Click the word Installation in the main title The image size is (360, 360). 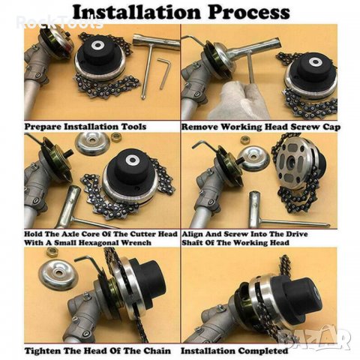tap(136, 11)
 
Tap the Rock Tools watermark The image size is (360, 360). tap(60, 22)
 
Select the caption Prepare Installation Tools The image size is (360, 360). tap(85, 127)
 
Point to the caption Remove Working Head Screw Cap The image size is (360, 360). tap(261, 127)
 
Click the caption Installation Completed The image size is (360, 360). tap(234, 351)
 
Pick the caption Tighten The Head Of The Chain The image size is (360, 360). tap(97, 351)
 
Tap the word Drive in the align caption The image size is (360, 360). tap(297, 234)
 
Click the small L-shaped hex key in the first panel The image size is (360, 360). tap(164, 73)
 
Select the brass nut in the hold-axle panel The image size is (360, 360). tap(116, 137)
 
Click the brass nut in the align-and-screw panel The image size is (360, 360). tap(245, 139)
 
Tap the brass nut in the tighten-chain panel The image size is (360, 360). tap(52, 252)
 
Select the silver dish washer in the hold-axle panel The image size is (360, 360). tap(92, 144)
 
